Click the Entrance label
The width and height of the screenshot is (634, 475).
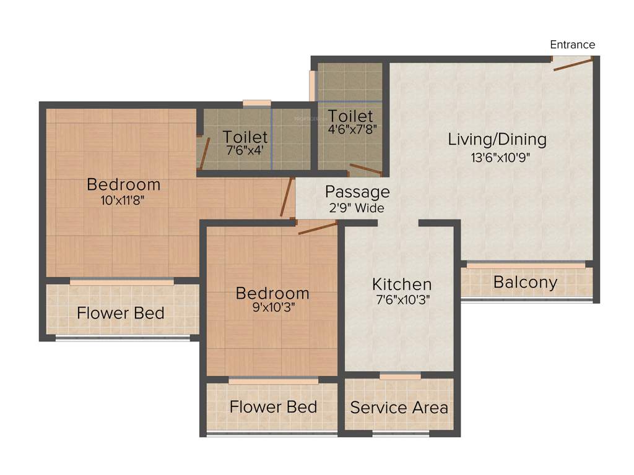tap(573, 45)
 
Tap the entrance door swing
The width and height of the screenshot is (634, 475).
tap(573, 64)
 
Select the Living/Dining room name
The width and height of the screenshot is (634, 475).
tap(497, 139)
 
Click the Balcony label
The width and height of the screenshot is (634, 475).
tap(525, 283)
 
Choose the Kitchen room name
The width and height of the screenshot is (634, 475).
tap(402, 285)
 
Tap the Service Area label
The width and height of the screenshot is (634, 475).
tap(399, 408)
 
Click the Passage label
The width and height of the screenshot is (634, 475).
tap(357, 192)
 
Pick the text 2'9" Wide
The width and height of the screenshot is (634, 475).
tap(357, 208)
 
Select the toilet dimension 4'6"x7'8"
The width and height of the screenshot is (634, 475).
tap(351, 130)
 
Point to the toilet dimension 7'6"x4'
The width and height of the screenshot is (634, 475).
tap(245, 150)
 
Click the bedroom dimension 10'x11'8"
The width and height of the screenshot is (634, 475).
tap(123, 200)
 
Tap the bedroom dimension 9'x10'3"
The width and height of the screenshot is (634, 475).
tap(272, 308)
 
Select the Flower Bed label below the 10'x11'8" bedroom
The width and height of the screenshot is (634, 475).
tap(121, 313)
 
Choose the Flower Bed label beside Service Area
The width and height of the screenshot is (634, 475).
tap(273, 407)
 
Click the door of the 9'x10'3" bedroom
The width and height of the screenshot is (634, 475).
tap(317, 228)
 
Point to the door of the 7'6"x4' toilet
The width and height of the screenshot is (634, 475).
tap(204, 152)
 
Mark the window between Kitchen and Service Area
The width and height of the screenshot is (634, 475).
tap(400, 376)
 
